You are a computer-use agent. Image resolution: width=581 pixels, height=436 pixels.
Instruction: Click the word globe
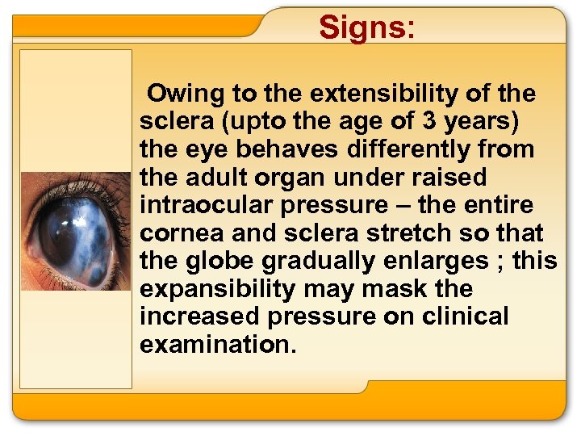[x=219, y=261]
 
